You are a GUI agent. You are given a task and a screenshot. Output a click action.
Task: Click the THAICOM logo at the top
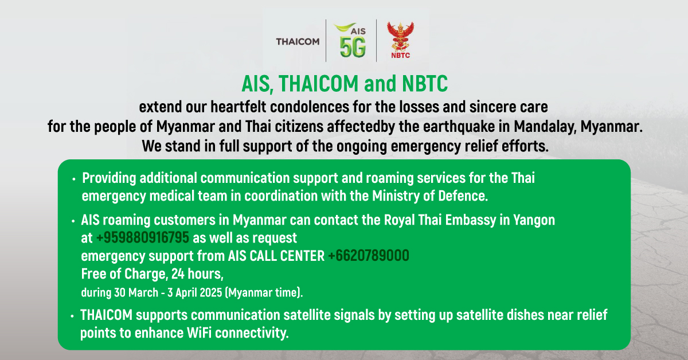point(298,41)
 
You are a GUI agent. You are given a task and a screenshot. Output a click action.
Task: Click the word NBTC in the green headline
point(425,84)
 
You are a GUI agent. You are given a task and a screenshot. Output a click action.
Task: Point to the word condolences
point(309,107)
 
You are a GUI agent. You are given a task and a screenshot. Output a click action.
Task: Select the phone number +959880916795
point(143,238)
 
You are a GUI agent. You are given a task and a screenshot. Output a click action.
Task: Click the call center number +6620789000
point(369,256)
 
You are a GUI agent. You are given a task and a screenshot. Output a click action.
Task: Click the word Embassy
point(470,220)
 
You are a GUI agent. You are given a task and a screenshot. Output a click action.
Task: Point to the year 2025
point(210,292)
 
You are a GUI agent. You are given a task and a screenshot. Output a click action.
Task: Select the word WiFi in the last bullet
point(199,333)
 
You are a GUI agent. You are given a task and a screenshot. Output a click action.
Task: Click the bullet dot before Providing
point(74,179)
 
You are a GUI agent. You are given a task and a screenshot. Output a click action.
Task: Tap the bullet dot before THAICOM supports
point(72,316)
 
